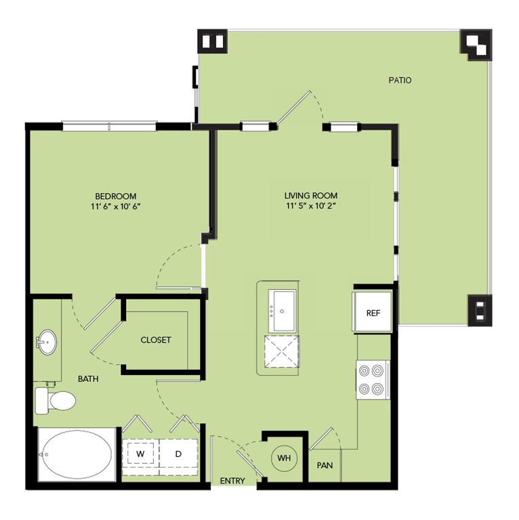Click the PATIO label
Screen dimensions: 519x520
tap(400, 80)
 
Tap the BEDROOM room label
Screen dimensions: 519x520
tap(116, 196)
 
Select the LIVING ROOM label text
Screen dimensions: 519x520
tap(311, 195)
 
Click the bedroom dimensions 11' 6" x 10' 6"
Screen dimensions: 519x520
tap(116, 207)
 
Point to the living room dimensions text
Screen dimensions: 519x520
tap(311, 206)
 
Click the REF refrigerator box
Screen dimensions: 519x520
tap(373, 312)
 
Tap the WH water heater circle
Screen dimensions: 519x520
tap(284, 458)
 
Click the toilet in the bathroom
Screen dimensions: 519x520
tap(55, 400)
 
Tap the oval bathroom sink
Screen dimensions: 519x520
tap(47, 342)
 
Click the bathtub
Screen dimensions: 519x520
tap(77, 454)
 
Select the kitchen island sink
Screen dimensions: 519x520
tap(282, 310)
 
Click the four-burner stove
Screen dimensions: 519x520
tap(373, 380)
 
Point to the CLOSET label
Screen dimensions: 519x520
tap(156, 340)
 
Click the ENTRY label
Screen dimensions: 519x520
tap(232, 481)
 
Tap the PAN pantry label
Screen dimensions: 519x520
tap(325, 465)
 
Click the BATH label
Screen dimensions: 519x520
tap(88, 378)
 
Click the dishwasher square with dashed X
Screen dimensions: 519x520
tap(282, 351)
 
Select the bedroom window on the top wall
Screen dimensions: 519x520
tap(109, 127)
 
